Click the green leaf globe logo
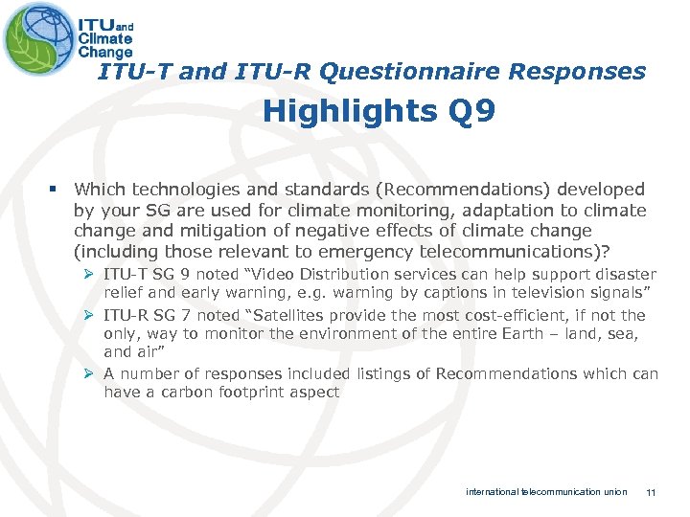(x=38, y=38)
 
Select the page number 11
(x=651, y=492)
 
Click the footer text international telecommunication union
(x=546, y=492)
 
